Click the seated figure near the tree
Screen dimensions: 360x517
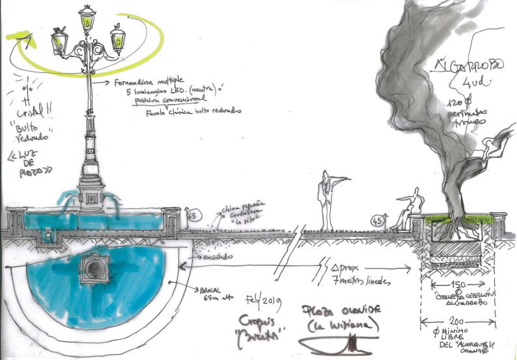pos(409,209)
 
